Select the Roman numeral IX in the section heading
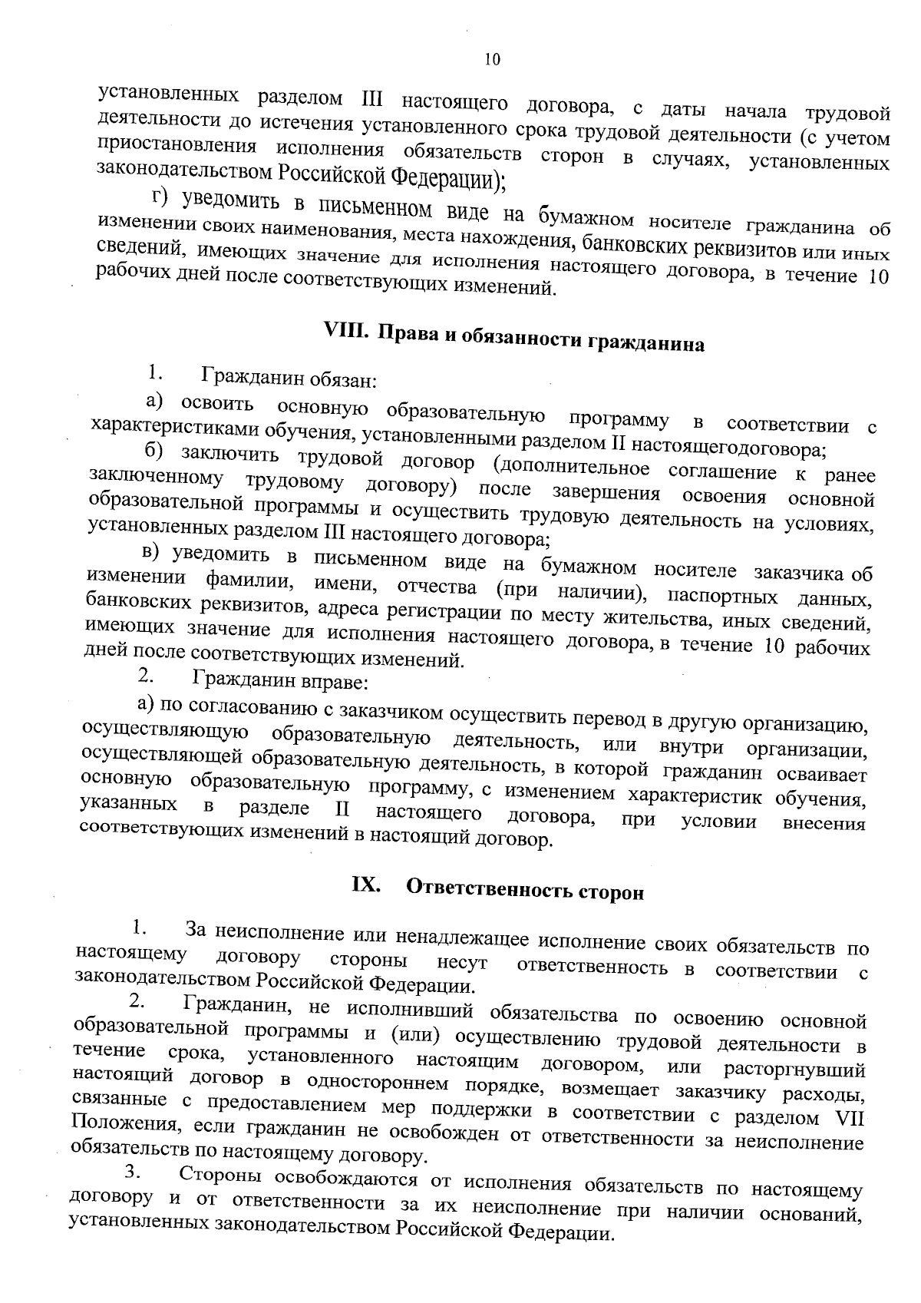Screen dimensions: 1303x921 [365, 885]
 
